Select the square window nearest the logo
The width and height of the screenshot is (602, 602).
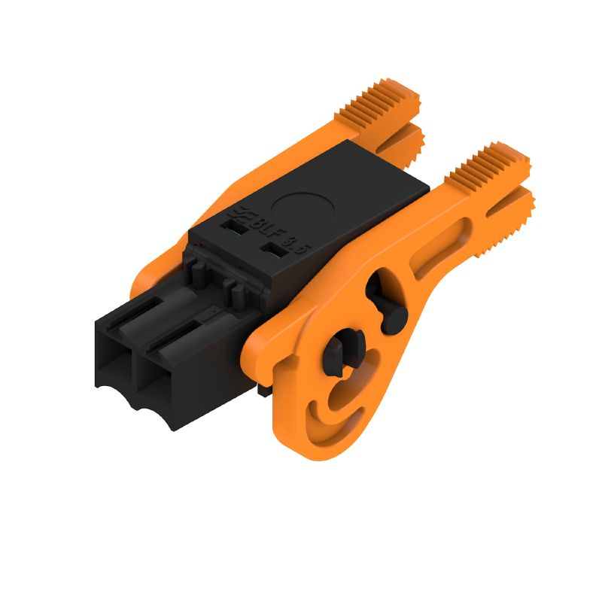pyautogui.click(x=234, y=223)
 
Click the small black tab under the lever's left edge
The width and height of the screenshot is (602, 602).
pyautogui.click(x=263, y=390)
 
